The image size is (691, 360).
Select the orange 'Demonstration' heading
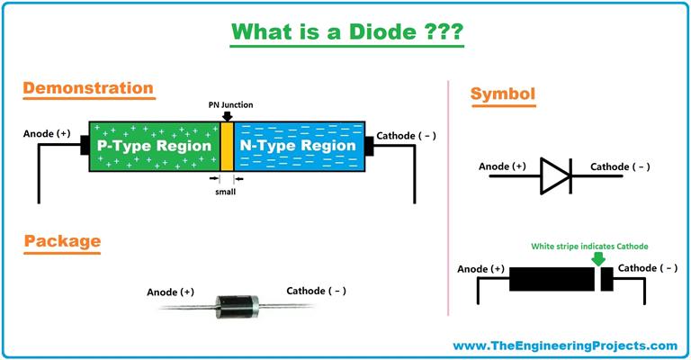tap(88, 88)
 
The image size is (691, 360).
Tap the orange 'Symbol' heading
tap(504, 93)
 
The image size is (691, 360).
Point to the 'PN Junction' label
tap(227, 103)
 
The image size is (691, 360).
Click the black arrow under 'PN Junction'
tap(227, 114)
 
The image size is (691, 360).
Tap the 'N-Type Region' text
tap(300, 146)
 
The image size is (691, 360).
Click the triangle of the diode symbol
tap(553, 175)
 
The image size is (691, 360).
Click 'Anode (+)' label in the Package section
tap(170, 292)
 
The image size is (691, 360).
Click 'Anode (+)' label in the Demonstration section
tap(47, 134)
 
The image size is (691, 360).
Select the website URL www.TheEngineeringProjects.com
tap(565, 345)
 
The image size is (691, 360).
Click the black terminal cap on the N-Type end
tap(369, 146)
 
